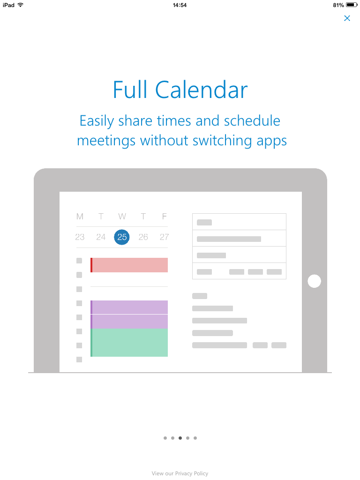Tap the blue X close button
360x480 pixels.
pos(347,18)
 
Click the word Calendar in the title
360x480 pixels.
pos(201,90)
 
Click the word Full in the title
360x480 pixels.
pos(130,90)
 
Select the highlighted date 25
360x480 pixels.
pos(122,237)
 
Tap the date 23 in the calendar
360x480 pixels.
pos(80,237)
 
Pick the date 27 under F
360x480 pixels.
pos(164,237)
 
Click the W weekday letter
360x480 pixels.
pos(122,217)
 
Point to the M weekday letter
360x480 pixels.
pos(80,217)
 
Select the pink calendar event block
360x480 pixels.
pos(129,265)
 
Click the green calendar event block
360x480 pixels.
pos(129,343)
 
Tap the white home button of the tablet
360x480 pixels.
pos(315,281)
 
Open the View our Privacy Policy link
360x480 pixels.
pos(180,473)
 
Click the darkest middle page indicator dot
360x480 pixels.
pos(180,438)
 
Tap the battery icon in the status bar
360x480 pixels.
pos(352,5)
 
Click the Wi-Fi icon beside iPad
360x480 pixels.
pos(21,5)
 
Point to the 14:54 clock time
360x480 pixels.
pos(180,5)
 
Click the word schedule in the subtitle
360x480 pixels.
pos(252,120)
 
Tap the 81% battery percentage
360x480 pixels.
pos(338,5)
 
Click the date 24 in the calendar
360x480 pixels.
pos(101,237)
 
